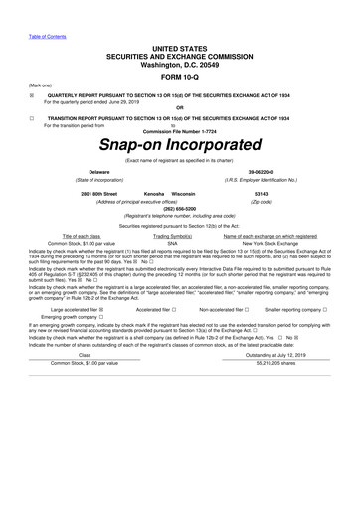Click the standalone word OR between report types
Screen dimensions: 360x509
point(179,107)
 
